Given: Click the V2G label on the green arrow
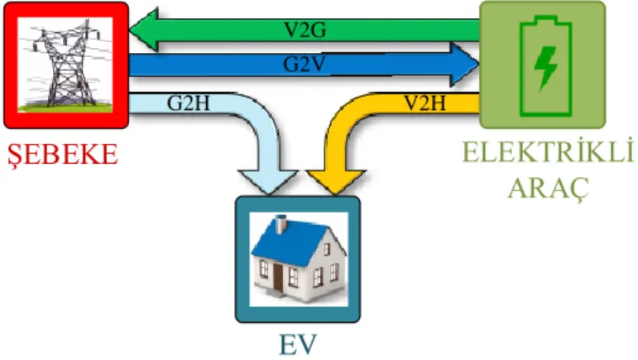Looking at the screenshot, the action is coord(305,30).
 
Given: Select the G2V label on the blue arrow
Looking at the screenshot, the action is coord(305,65).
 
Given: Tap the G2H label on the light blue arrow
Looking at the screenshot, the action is coord(189,103).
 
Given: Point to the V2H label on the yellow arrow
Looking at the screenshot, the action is coord(425,103).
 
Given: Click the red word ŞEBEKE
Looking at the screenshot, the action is coord(63,155).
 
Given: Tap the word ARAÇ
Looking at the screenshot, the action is coord(549,188).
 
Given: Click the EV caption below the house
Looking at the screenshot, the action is coord(297,345).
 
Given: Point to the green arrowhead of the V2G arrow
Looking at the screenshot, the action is coord(144,30).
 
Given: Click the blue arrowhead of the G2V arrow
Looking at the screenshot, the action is coord(465,65).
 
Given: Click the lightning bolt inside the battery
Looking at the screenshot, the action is coord(545,67).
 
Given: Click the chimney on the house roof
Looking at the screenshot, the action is coord(281,225).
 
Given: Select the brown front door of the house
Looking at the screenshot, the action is coord(278,277).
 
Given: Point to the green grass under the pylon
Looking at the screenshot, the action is coord(65,108).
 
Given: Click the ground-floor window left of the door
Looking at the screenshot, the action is coord(264,269).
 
